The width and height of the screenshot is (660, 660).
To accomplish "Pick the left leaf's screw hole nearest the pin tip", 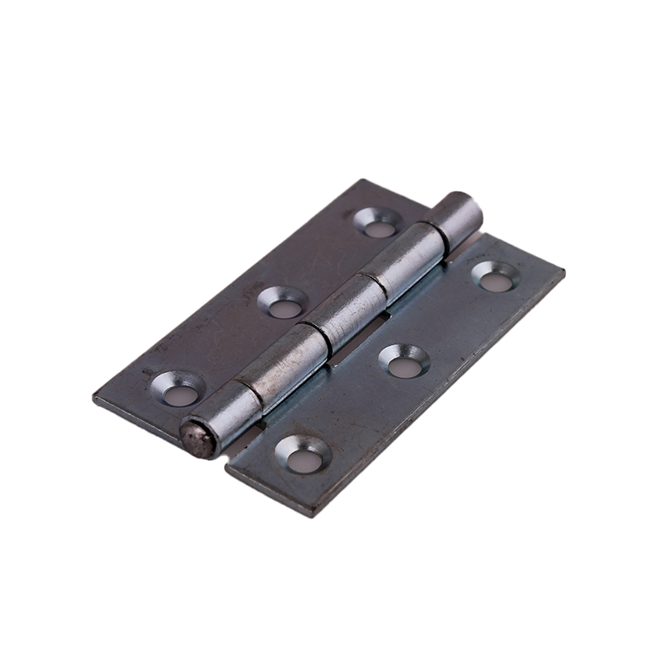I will tap(177, 389).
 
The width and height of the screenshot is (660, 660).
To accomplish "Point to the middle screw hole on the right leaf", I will tap(403, 362).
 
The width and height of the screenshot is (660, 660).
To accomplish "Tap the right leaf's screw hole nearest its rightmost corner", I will tap(495, 277).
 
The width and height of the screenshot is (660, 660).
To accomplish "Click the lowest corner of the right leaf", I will tap(310, 516).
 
